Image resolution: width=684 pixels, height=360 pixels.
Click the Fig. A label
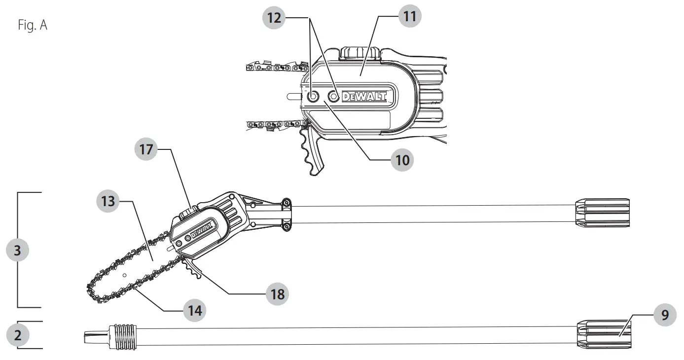pos(33,25)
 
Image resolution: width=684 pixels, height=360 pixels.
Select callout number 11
pos(409,17)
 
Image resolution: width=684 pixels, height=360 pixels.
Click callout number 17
pos(146,149)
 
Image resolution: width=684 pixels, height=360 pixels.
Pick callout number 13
pos(108,201)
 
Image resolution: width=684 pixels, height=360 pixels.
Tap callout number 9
pos(665,315)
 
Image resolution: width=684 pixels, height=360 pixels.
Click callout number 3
pos(17,250)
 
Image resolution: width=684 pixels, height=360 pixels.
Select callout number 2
pos(17,335)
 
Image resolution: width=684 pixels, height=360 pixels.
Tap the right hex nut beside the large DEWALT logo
pos(334,96)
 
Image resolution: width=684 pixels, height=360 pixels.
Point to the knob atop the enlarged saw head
pos(360,53)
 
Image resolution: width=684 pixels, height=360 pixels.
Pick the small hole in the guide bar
pos(125,274)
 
